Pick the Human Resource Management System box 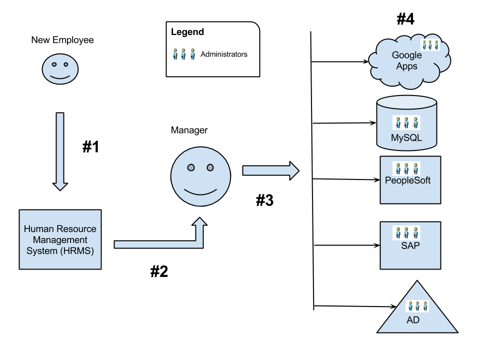[60, 239]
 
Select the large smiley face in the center [200, 176]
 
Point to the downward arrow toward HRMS [60, 150]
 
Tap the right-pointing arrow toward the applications [270, 170]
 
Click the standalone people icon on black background [183, 54]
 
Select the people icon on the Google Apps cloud [430, 44]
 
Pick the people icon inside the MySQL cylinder [406, 122]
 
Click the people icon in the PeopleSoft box [406, 168]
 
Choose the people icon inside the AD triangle [416, 306]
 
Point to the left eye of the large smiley [190, 167]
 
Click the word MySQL [406, 138]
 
